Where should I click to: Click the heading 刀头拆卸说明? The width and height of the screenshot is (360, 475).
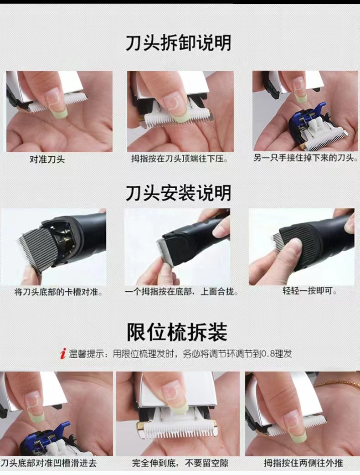(x=178, y=43)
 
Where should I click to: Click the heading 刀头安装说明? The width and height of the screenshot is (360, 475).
(x=178, y=193)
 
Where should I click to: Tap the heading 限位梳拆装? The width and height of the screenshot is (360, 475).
(x=177, y=332)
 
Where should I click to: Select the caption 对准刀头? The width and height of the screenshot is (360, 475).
(x=47, y=160)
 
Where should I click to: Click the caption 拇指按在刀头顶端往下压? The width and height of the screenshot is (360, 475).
(x=180, y=159)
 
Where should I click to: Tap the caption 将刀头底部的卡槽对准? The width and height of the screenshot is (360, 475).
(x=58, y=292)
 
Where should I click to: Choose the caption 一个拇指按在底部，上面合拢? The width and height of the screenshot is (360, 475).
(x=181, y=291)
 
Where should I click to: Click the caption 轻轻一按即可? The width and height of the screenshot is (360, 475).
(x=309, y=291)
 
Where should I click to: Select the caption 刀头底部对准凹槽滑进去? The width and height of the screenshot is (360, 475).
(x=48, y=463)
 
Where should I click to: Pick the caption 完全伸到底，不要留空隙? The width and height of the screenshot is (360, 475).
(x=180, y=463)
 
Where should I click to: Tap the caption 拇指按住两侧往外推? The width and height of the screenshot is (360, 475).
(x=303, y=463)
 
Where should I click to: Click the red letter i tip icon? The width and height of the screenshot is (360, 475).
(x=63, y=354)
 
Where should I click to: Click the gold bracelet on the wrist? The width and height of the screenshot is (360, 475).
(x=336, y=384)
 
